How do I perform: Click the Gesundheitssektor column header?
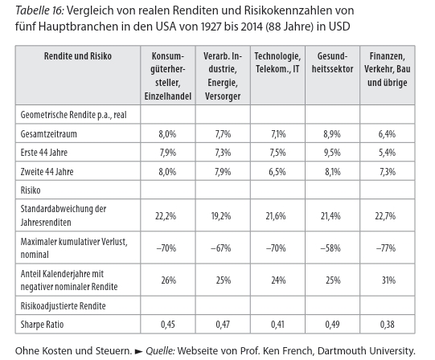(x=332, y=63)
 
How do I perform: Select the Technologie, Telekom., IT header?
(x=277, y=63)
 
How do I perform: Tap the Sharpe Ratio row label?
(x=42, y=324)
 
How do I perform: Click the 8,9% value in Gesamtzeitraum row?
(x=332, y=134)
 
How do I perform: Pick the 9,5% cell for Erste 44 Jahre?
(x=332, y=153)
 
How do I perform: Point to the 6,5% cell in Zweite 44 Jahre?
(x=277, y=172)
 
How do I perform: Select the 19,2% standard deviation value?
(x=221, y=216)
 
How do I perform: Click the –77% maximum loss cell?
(x=386, y=248)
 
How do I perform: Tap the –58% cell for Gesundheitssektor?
(x=330, y=248)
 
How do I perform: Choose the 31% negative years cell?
(x=388, y=280)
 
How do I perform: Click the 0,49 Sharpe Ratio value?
(x=332, y=324)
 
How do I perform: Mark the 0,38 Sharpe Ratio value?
(x=388, y=324)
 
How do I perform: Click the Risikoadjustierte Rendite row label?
(x=64, y=306)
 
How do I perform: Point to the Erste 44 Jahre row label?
(x=44, y=153)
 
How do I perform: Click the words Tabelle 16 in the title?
(x=39, y=10)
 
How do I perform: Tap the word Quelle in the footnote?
(x=160, y=351)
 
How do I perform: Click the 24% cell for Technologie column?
(x=278, y=280)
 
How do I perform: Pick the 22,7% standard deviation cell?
(x=385, y=216)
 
